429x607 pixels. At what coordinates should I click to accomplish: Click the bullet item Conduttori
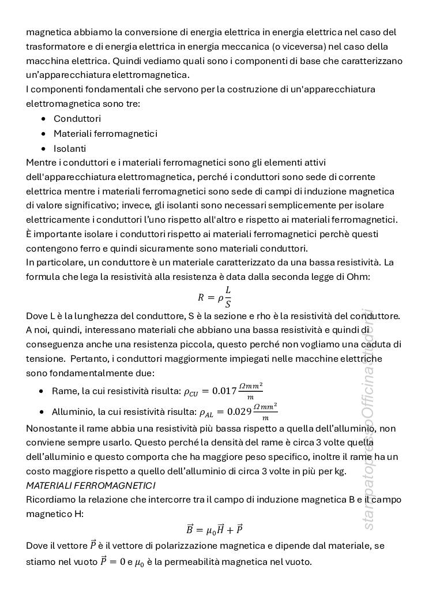pyautogui.click(x=77, y=118)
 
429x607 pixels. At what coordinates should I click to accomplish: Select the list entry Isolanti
pyautogui.click(x=70, y=148)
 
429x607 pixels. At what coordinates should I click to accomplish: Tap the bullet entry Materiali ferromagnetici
pyautogui.click(x=105, y=133)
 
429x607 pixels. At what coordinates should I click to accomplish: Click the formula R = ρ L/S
pyautogui.click(x=214, y=297)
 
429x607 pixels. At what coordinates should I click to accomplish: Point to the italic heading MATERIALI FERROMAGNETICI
pyautogui.click(x=91, y=485)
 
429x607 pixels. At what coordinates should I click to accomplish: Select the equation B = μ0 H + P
pyautogui.click(x=214, y=529)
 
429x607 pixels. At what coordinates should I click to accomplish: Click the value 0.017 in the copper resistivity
pyautogui.click(x=224, y=391)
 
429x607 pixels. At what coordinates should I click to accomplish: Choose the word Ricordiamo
pyautogui.click(x=51, y=499)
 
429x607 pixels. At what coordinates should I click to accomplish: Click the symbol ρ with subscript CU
pyautogui.click(x=191, y=392)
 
